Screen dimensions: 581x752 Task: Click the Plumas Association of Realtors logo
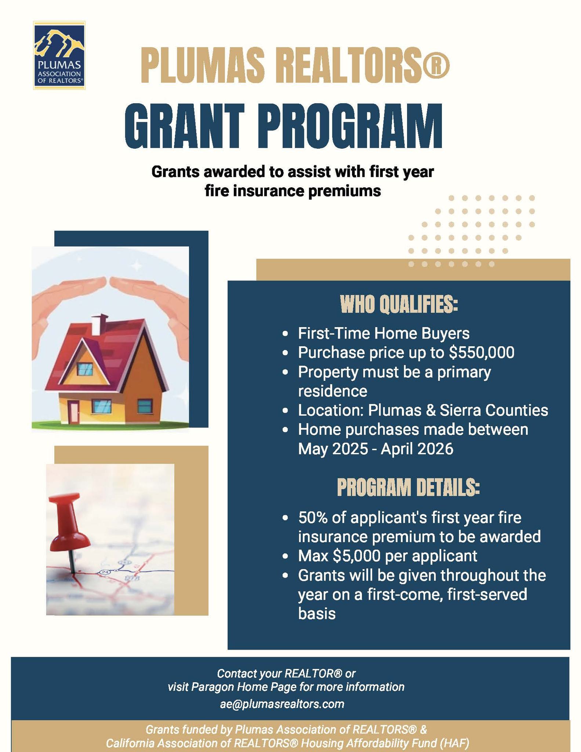click(x=59, y=55)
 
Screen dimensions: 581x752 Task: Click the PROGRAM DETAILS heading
click(x=408, y=488)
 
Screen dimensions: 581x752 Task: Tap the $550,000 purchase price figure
click(x=482, y=352)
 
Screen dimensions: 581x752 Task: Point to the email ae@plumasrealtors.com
click(x=282, y=704)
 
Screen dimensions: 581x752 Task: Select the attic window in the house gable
click(x=86, y=368)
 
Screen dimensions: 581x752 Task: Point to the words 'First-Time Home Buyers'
click(x=384, y=333)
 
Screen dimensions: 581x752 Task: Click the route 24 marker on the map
click(x=105, y=572)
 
